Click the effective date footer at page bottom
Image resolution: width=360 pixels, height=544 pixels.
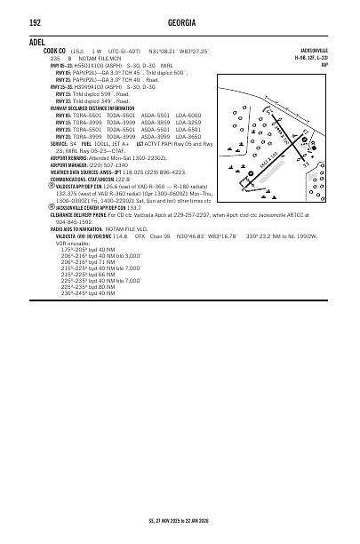click(x=180, y=523)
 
